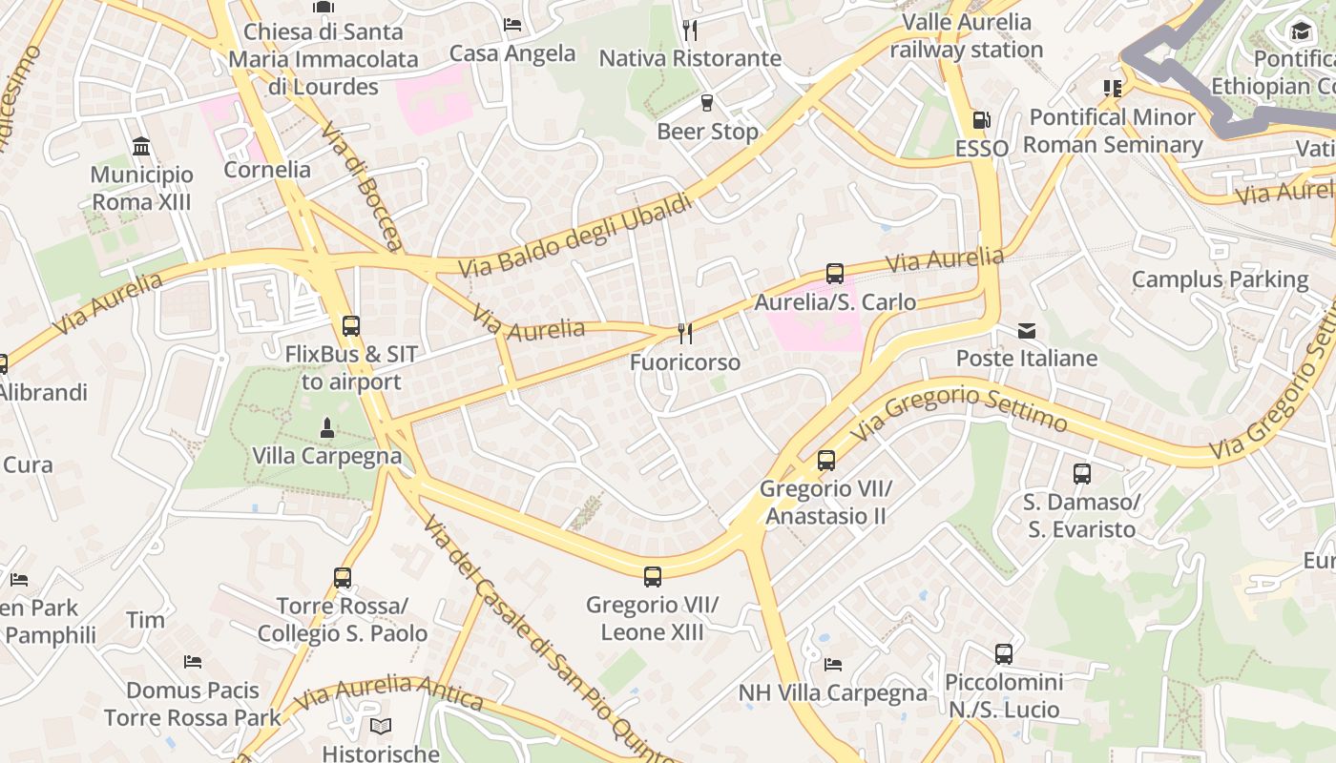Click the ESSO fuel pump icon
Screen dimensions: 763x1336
(x=981, y=120)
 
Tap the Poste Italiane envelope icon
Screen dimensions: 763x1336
(x=1027, y=331)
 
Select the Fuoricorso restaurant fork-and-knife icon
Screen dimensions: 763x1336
(x=685, y=333)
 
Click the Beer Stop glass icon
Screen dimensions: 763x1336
(x=707, y=103)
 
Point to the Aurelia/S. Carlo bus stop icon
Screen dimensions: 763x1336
(x=835, y=274)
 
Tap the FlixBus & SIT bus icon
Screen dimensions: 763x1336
(x=351, y=325)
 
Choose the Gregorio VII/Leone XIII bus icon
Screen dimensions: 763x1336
(x=653, y=576)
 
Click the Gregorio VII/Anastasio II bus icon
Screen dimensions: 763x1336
(x=826, y=461)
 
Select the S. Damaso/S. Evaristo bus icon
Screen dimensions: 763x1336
(x=1082, y=474)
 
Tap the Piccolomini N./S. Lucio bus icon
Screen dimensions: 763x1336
(x=1004, y=654)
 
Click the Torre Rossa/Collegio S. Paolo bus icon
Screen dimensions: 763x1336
(x=343, y=578)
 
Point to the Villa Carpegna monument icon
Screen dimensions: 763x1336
(x=327, y=427)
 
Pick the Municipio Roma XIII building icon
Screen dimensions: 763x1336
(x=142, y=146)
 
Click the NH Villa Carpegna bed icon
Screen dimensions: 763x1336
(x=833, y=665)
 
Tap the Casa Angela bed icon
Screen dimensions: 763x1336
(x=512, y=25)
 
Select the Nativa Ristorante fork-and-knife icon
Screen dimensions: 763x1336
(x=690, y=31)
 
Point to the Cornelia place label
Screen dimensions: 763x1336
(x=267, y=170)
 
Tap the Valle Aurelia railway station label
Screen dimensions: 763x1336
(x=966, y=35)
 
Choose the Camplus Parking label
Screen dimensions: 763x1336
(x=1220, y=279)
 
